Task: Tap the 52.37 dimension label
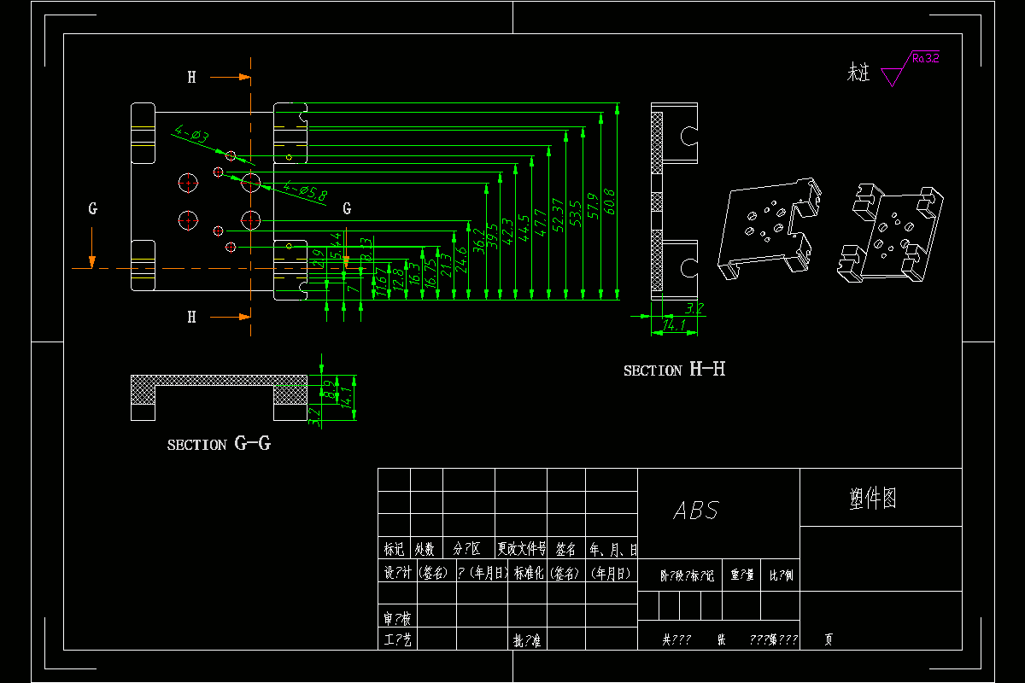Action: tap(558, 214)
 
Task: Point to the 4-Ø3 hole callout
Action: tap(191, 135)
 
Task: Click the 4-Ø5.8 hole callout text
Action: tap(305, 191)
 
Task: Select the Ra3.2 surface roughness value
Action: tap(925, 59)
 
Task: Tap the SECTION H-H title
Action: tap(674, 370)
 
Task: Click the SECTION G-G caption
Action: tap(219, 444)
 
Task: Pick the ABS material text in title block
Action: tap(696, 511)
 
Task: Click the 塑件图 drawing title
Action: tap(873, 499)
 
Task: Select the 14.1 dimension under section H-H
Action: tap(674, 326)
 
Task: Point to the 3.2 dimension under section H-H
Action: tap(694, 308)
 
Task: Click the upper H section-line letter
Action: tap(192, 78)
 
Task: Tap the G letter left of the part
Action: tap(93, 208)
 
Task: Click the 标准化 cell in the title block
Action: tap(529, 573)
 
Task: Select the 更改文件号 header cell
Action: tap(521, 549)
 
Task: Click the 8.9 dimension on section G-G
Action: tap(329, 388)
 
